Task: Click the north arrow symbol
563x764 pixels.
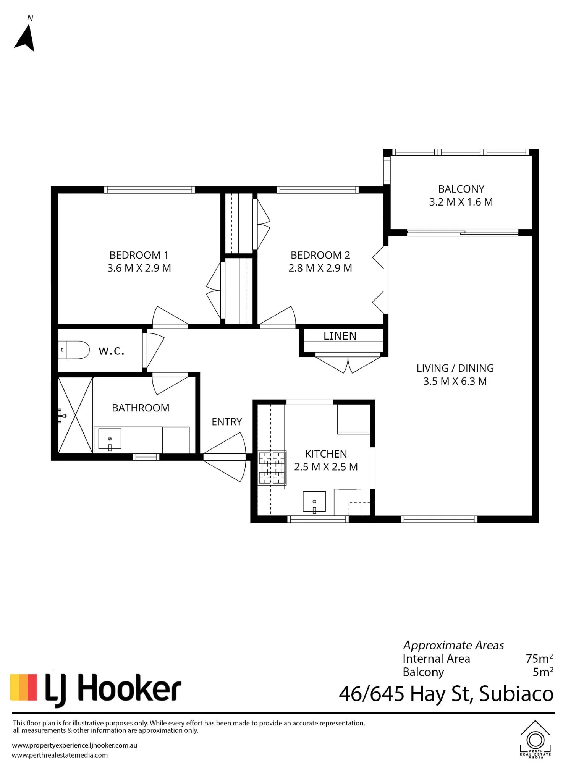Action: coord(25,38)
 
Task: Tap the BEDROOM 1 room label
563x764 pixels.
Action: coord(139,255)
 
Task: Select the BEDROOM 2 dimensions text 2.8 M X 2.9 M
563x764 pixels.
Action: coord(320,268)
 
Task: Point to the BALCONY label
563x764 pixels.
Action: coord(461,189)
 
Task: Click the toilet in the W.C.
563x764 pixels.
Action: coord(74,350)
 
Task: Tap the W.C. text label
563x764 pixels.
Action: coord(112,351)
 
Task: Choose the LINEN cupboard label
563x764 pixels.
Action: coord(340,336)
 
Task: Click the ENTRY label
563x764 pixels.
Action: coord(227,422)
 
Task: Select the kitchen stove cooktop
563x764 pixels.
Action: coord(272,468)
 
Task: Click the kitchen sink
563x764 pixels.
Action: coord(314,502)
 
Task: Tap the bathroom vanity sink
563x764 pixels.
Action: coord(110,439)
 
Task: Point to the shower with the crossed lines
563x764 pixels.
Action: coord(76,415)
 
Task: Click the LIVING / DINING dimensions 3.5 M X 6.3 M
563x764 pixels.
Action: coord(455,381)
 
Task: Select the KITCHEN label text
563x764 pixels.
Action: coord(326,454)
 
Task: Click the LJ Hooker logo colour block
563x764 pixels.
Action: coord(23,688)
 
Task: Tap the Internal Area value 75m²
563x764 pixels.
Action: coord(539,659)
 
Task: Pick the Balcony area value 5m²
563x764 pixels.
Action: coord(543,672)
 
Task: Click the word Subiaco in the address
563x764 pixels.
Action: coord(516,694)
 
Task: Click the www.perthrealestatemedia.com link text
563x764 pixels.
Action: coord(60,755)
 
